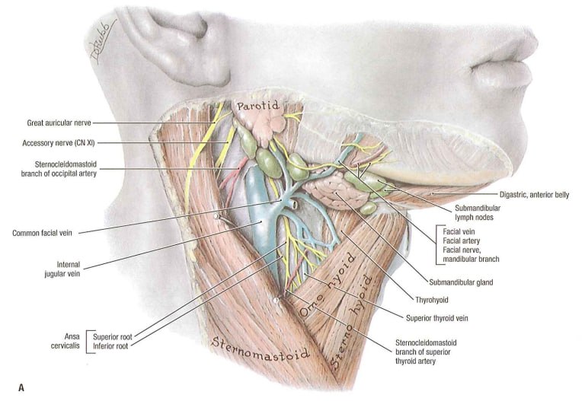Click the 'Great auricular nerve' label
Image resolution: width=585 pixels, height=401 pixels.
(59, 123)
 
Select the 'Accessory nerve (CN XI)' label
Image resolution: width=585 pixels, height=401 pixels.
(59, 143)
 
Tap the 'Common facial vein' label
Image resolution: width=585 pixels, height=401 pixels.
(42, 234)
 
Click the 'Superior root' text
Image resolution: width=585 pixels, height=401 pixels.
(113, 337)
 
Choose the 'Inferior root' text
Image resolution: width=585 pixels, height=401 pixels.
(110, 346)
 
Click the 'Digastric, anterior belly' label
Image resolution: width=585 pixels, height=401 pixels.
(535, 195)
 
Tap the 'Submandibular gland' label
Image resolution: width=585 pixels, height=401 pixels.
(461, 282)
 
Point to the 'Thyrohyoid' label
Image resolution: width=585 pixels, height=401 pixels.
(432, 300)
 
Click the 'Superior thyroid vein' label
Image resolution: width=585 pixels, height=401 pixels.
(437, 318)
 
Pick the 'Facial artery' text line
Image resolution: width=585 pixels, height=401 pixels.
(461, 240)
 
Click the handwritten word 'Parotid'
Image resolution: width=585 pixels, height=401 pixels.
(258, 106)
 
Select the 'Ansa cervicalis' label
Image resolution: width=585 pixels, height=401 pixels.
(66, 342)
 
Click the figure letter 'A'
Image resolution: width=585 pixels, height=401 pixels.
(21, 388)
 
